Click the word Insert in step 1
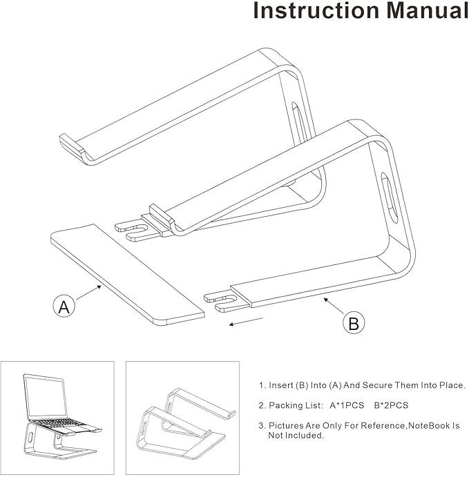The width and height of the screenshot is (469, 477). tap(280, 385)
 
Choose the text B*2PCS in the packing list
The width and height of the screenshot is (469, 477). tap(380, 405)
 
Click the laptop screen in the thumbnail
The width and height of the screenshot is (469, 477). tap(44, 395)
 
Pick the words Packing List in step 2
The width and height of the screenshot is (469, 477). tap(296, 405)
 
